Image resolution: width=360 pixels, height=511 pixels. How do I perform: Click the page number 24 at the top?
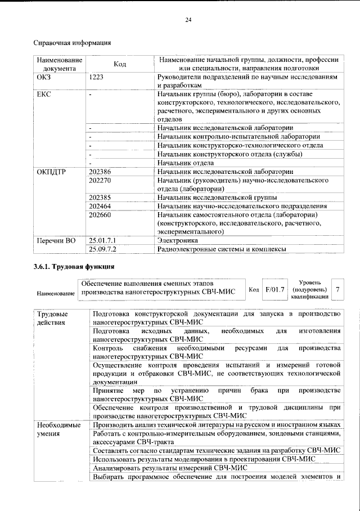point(188,20)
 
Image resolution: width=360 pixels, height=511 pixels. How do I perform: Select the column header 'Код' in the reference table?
point(119,65)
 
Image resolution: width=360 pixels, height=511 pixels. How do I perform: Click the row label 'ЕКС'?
point(44,94)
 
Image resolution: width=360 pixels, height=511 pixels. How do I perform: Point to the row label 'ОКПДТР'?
point(51,172)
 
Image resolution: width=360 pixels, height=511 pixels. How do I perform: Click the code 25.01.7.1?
point(102,240)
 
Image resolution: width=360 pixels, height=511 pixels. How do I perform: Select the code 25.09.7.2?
point(102,249)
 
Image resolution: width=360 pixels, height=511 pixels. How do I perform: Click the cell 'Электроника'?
point(178,240)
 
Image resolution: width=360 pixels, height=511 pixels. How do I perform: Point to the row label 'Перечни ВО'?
point(56,240)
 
